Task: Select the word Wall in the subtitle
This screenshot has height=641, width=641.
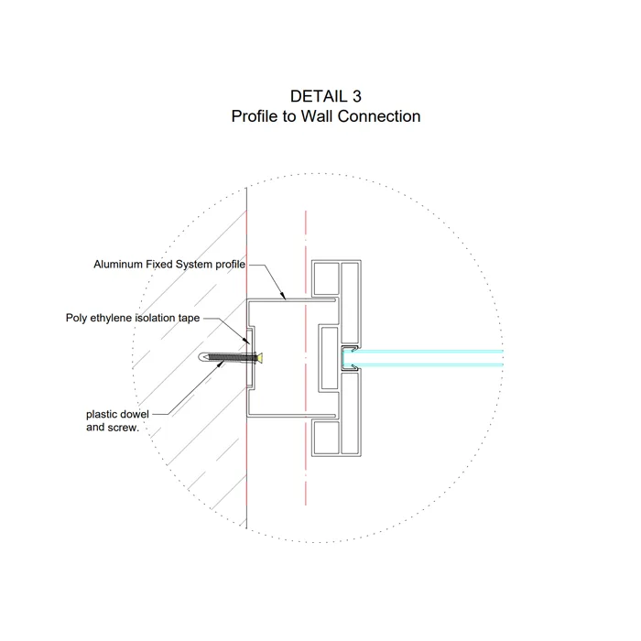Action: coord(316,117)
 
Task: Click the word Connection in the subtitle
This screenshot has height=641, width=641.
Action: coord(379,117)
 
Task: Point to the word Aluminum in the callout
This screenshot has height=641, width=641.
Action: coord(120,265)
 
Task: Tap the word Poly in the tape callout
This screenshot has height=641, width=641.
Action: coord(77,319)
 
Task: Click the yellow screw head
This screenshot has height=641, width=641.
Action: coord(261,357)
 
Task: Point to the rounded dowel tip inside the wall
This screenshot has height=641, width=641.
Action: coord(203,357)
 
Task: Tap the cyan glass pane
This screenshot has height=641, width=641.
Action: coord(430,358)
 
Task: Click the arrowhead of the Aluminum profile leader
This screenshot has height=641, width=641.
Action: coord(285,299)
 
